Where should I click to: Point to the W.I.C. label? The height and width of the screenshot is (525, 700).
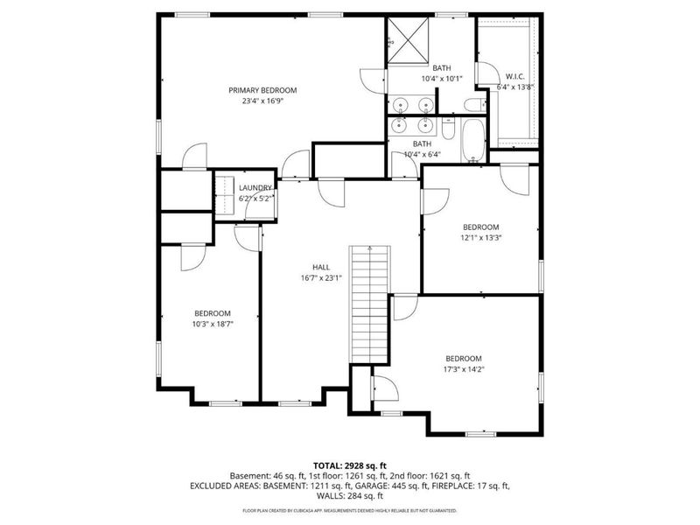(514, 76)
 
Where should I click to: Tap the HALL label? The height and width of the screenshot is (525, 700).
(321, 268)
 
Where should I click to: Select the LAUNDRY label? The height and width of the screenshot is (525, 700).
(255, 188)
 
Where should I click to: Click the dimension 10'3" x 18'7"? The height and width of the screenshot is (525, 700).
(213, 323)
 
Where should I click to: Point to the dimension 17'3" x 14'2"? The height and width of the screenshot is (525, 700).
(464, 368)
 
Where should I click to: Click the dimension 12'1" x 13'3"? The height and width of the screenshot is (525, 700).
(480, 236)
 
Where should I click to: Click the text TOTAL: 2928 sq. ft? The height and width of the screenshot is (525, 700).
(349, 465)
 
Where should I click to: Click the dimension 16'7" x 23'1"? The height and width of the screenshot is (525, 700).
(321, 278)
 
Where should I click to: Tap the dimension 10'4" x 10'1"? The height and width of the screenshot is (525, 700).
(441, 78)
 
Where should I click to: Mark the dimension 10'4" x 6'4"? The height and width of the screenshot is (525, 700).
(422, 154)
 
